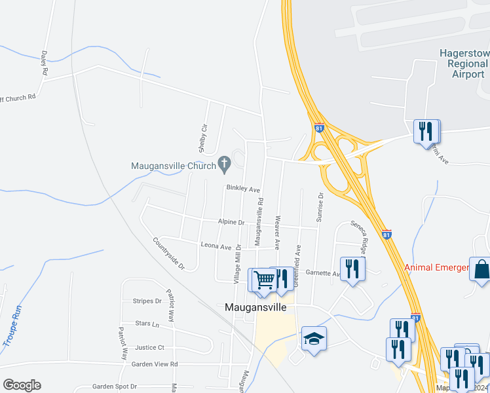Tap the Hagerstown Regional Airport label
[464, 63]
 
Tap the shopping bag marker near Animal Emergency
[481, 269]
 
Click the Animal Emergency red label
[436, 267]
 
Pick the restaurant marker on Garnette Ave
[353, 268]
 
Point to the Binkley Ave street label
[243, 189]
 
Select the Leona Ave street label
[216, 247]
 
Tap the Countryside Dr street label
[169, 254]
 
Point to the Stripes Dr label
[147, 301]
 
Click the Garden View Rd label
[155, 364]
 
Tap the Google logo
[22, 385]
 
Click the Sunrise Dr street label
[320, 207]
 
